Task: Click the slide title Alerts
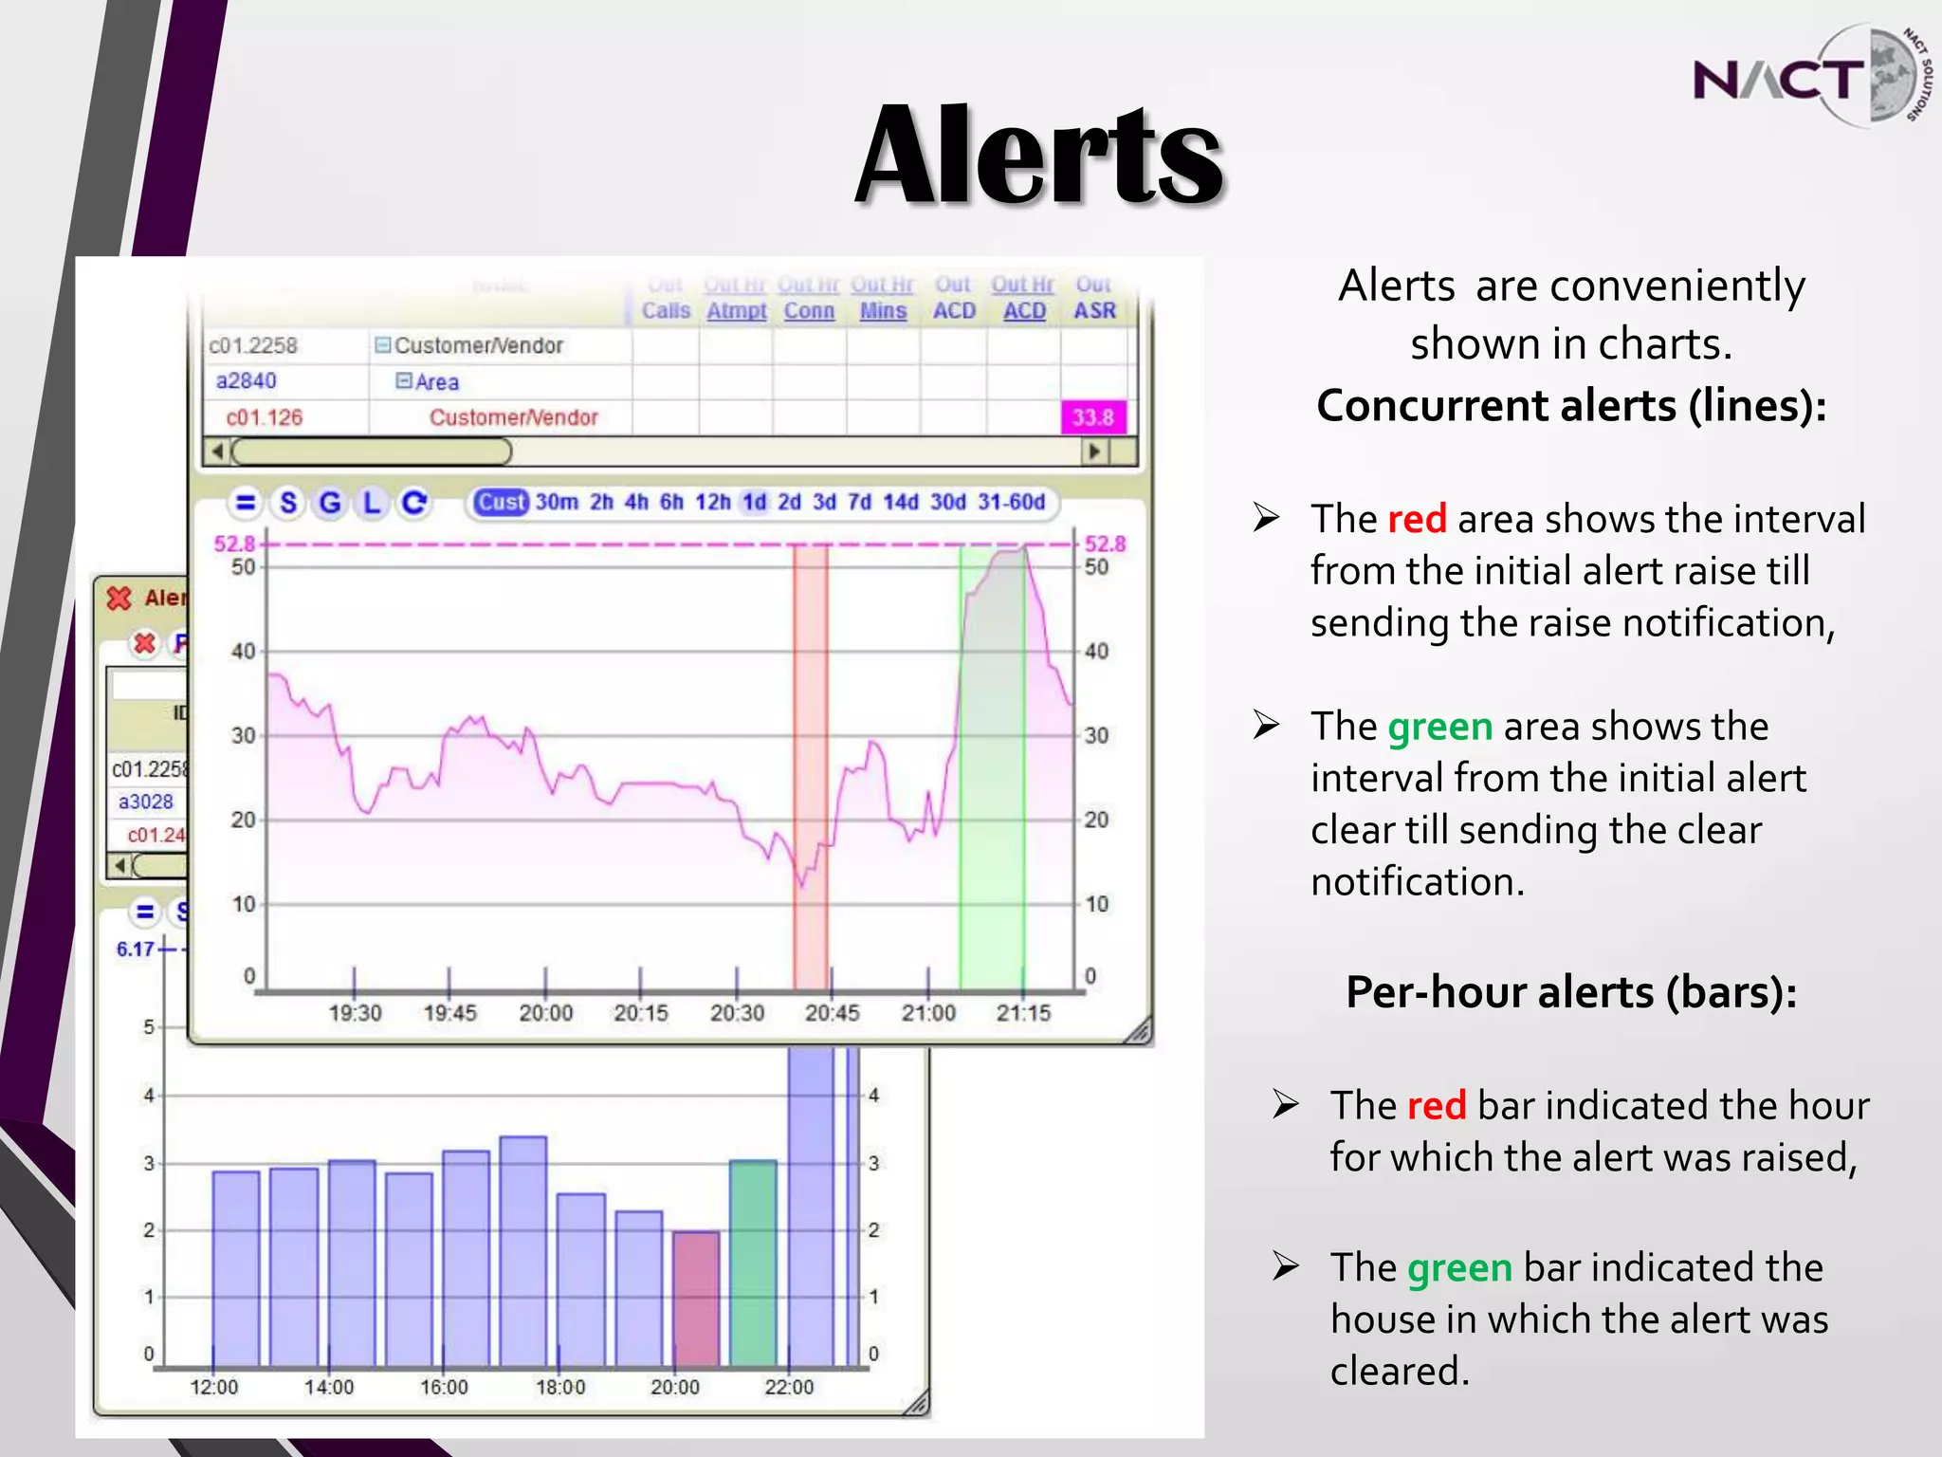click(x=1039, y=156)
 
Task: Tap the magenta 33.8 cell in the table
click(x=1093, y=417)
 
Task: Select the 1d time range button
click(x=755, y=502)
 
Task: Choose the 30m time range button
click(x=557, y=502)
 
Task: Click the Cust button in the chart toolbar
click(x=500, y=502)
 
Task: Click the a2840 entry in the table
click(x=247, y=381)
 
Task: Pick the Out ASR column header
click(x=1094, y=298)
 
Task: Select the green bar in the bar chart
click(x=754, y=1262)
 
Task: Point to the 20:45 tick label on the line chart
click(x=832, y=1013)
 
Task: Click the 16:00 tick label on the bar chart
click(x=444, y=1387)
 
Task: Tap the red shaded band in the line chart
click(x=811, y=759)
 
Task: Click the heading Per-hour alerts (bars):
click(x=1571, y=992)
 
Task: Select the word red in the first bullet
click(x=1417, y=519)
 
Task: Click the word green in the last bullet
click(x=1459, y=1267)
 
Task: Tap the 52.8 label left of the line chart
click(x=233, y=544)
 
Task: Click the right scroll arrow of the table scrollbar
click(x=1095, y=452)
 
